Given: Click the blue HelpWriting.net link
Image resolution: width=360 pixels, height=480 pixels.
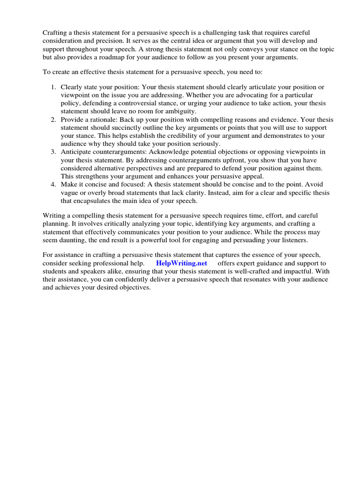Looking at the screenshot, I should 181,263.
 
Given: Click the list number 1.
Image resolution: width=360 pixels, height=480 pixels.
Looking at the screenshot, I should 53,87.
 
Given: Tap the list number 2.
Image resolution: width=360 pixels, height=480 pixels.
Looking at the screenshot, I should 53,120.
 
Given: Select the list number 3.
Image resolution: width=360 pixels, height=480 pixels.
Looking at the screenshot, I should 53,152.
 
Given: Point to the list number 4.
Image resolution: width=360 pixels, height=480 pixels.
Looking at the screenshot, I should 53,184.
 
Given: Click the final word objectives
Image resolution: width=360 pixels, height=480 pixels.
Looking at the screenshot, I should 132,287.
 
